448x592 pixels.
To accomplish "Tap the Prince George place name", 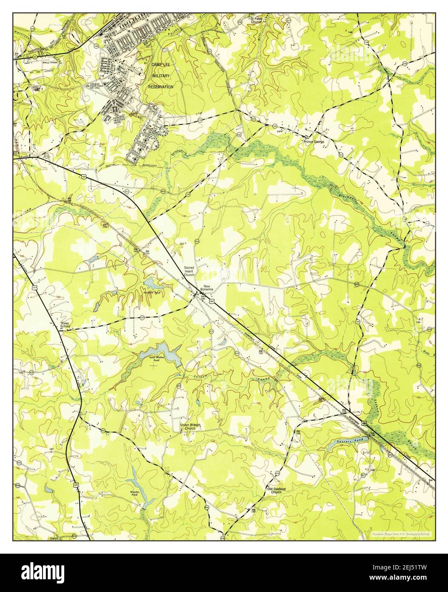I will coord(314,141).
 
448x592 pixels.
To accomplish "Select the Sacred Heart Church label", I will coord(189,271).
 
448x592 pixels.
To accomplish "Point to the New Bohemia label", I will coord(207,288).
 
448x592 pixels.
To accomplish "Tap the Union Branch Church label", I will coord(190,427).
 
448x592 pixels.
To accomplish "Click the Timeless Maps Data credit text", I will coord(400,534).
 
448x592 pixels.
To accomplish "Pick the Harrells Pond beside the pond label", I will coord(150,283).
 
